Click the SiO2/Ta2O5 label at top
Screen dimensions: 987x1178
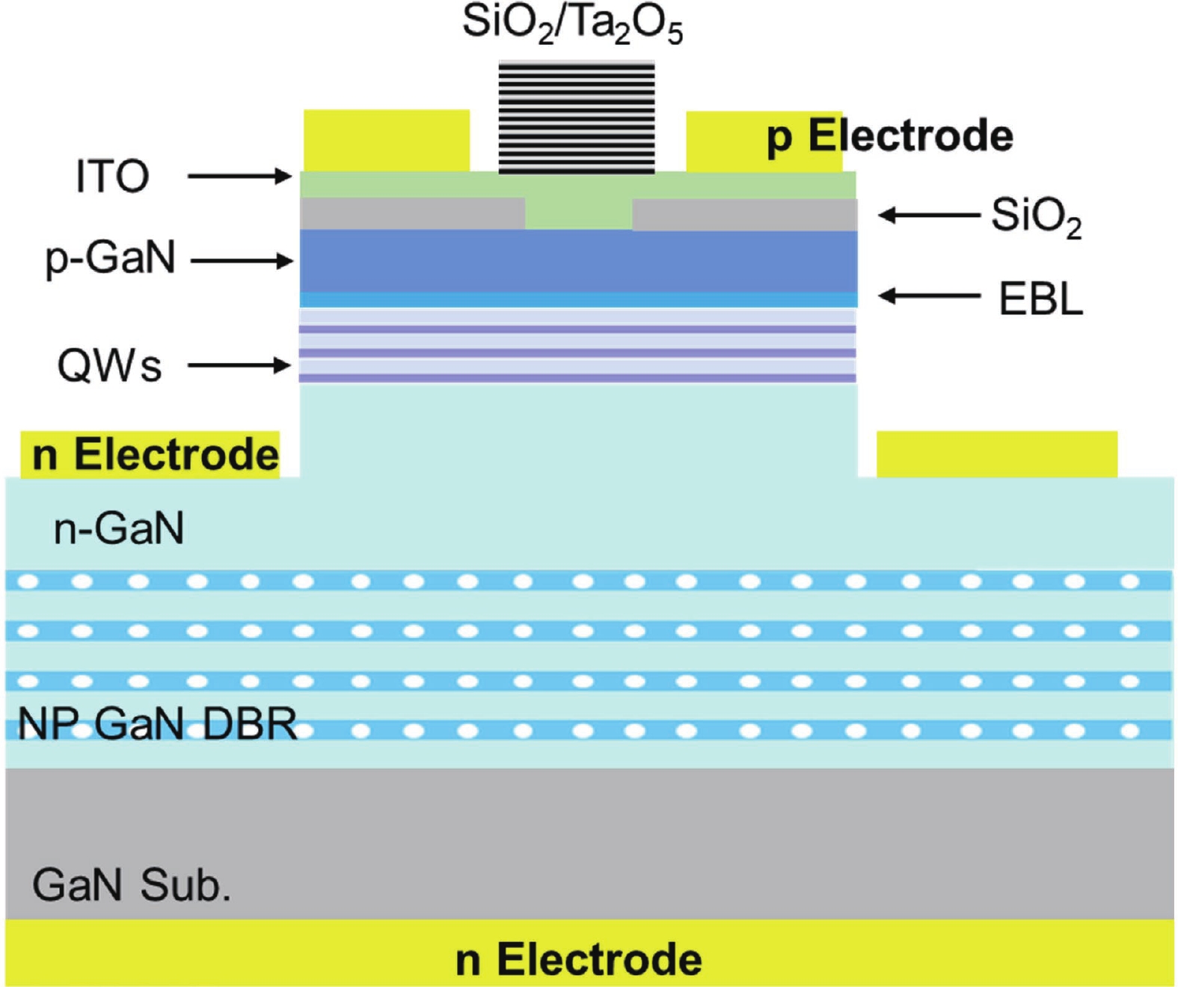point(572,25)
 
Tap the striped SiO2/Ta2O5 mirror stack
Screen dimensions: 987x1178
point(577,117)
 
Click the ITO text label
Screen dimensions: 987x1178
point(112,177)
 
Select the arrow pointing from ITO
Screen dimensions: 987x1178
point(239,177)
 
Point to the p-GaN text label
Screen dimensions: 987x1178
point(111,259)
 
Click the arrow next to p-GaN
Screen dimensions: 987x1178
point(242,261)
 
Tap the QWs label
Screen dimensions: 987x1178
point(109,367)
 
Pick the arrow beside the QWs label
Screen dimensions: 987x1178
point(239,365)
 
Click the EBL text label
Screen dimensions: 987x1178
point(1040,299)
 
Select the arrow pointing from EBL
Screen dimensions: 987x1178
point(929,296)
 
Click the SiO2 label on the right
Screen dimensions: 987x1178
point(1036,217)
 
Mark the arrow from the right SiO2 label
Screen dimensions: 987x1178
point(929,216)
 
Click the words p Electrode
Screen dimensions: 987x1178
point(890,137)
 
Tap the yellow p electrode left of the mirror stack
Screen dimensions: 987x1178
point(386,141)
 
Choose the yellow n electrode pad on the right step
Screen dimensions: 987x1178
point(996,454)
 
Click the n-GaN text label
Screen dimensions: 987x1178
point(119,529)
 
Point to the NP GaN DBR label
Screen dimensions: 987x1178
point(157,724)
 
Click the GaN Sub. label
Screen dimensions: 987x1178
point(132,885)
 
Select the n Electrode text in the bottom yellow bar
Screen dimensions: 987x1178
point(579,960)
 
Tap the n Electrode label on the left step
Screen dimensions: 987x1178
point(156,455)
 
